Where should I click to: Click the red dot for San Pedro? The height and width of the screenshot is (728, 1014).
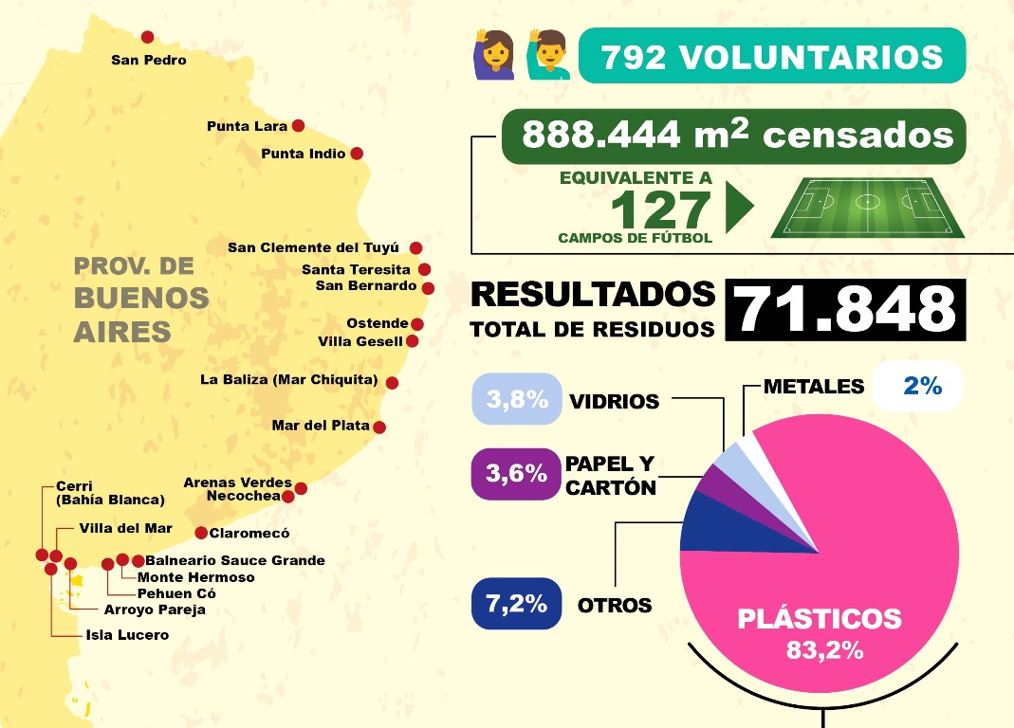pyautogui.click(x=147, y=37)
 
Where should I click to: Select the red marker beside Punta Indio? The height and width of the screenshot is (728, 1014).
pyautogui.click(x=356, y=153)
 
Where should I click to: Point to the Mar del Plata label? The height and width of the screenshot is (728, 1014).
pyautogui.click(x=320, y=426)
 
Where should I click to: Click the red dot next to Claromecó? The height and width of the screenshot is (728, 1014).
pyautogui.click(x=201, y=532)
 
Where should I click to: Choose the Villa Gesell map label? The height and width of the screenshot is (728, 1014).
pyautogui.click(x=360, y=341)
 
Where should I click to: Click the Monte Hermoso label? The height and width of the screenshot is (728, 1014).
pyautogui.click(x=195, y=576)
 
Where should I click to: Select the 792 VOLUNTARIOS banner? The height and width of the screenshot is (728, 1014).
pyautogui.click(x=771, y=56)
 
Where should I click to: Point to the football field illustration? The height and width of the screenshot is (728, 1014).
pyautogui.click(x=867, y=208)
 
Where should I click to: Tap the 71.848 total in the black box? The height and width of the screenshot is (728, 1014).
pyautogui.click(x=845, y=309)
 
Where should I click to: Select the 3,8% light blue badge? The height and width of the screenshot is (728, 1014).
pyautogui.click(x=517, y=399)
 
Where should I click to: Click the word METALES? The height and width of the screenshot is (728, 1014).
pyautogui.click(x=814, y=387)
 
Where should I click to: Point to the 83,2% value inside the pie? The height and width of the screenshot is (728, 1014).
pyautogui.click(x=824, y=651)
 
